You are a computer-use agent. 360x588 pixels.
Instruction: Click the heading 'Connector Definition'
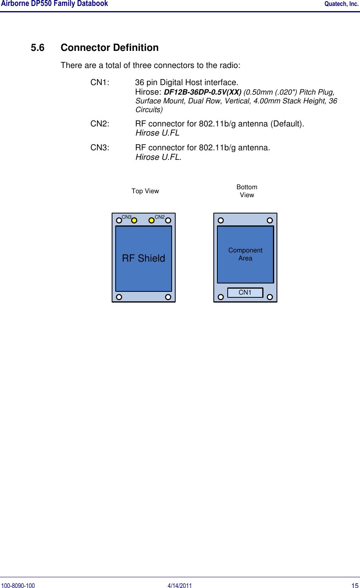pos(109,48)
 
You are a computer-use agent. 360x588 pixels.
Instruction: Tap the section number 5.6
pos(37,48)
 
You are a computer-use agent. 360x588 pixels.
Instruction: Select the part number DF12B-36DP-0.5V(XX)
pos(203,92)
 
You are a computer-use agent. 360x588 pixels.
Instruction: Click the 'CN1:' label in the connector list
pos(100,83)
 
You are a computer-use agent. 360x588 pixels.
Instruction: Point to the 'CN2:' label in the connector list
pos(100,124)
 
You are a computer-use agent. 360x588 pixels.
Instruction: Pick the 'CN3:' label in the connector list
pos(100,148)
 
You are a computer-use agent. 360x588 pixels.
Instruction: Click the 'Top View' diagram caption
pos(145,191)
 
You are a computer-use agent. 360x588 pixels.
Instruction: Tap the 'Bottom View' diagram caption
pos(247,191)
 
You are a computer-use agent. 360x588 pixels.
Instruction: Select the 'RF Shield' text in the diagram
pos(143,258)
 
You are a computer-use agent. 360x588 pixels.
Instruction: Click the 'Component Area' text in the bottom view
pos(245,254)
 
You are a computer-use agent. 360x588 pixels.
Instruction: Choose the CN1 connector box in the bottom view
pos(245,293)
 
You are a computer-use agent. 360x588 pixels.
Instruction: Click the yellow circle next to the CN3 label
pos(134,220)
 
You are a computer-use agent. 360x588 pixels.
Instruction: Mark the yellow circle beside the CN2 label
pos(151,220)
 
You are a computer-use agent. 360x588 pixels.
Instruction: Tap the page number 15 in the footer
pos(355,585)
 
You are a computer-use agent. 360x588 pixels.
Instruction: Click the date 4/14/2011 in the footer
pos(180,585)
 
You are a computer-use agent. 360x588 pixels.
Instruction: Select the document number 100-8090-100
pos(18,585)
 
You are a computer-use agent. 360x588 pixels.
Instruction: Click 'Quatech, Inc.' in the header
pos(341,4)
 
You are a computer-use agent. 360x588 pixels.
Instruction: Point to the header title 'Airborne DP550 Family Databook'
pos(54,4)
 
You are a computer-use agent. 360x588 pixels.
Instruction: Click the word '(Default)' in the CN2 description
pos(287,124)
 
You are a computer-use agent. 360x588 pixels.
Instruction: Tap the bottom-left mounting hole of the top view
pos(119,297)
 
